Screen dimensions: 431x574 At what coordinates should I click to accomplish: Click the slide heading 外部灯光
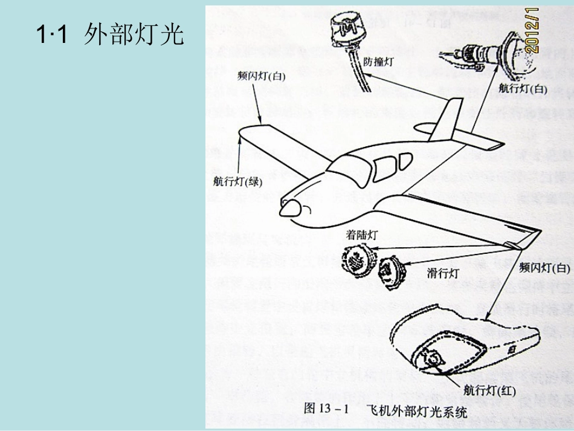[x=109, y=34]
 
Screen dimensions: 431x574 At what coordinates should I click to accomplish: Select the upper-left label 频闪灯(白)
[x=261, y=77]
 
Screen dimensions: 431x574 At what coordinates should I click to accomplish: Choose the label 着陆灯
[x=361, y=235]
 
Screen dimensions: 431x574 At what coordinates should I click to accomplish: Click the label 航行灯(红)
[x=489, y=390]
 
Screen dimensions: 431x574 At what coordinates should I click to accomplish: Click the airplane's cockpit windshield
[x=350, y=166]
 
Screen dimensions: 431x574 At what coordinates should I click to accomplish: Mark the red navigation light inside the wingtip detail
[x=433, y=358]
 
